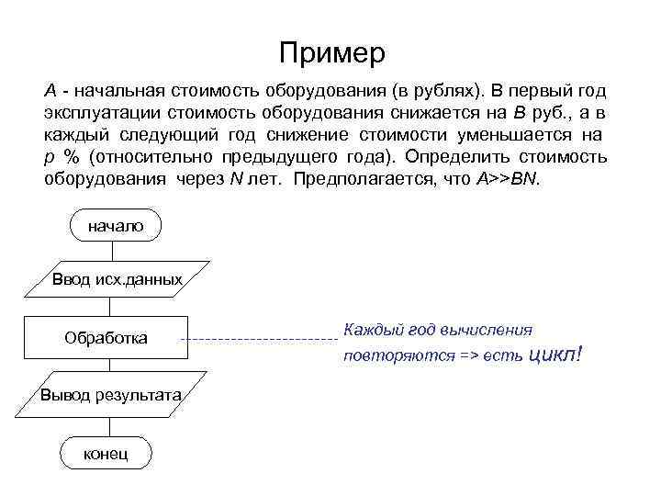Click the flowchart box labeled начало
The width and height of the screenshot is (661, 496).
point(115,226)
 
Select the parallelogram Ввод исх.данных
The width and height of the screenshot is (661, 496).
point(116,278)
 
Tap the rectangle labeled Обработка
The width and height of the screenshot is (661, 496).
point(106,338)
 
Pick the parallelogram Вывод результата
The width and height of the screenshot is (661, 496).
point(110,394)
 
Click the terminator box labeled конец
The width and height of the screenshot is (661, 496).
point(106,454)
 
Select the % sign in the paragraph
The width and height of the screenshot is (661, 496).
point(72,156)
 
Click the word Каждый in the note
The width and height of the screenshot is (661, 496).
point(369,328)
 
